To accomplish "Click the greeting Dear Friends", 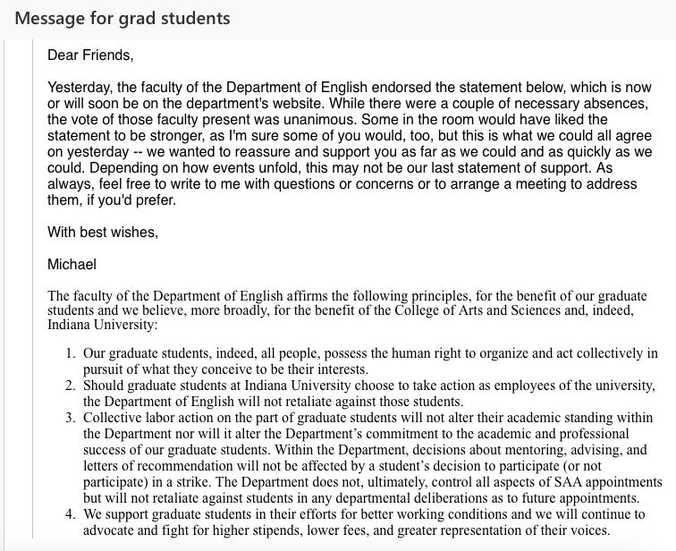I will [x=90, y=55].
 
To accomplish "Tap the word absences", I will [x=620, y=104].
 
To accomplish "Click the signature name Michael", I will [x=73, y=265].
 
